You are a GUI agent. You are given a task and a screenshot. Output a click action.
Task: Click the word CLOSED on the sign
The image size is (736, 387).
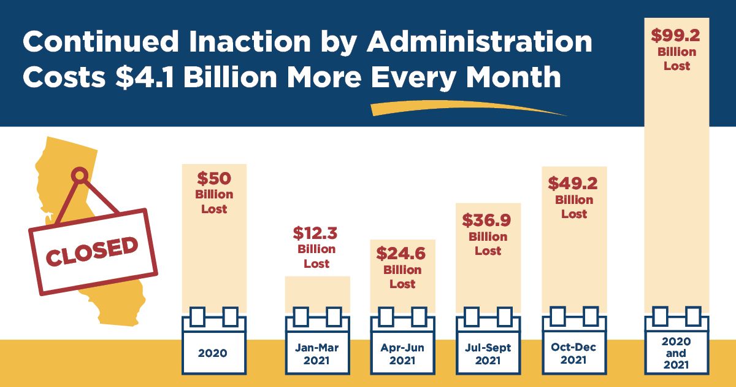91,251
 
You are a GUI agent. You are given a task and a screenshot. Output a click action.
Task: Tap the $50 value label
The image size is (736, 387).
214,179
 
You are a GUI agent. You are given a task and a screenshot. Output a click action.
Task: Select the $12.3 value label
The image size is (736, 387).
315,233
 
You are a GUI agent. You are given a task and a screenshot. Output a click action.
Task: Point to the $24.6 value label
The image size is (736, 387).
401,254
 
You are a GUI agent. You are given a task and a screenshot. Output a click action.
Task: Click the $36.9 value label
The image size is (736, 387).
486,220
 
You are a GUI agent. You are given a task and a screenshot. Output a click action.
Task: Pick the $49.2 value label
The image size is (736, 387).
573,183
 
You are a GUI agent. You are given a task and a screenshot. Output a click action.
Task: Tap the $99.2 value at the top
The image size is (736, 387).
675,36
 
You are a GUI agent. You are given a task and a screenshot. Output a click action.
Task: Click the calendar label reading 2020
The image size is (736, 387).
213,353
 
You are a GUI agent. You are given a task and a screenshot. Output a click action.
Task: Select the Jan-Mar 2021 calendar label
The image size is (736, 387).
316,354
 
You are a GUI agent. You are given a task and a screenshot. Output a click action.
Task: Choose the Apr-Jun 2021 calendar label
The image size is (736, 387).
402,354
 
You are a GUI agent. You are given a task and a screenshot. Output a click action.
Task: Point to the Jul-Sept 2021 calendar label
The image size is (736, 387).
488,354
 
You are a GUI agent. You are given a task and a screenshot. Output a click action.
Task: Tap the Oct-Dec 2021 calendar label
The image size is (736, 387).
573,353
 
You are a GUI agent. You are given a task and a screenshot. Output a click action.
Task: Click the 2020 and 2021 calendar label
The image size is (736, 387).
676,353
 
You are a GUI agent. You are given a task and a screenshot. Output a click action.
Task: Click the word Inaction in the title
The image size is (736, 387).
250,42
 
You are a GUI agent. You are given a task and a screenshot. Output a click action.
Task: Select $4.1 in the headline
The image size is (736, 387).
145,77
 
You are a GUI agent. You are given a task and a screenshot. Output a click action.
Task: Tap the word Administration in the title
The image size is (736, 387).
480,42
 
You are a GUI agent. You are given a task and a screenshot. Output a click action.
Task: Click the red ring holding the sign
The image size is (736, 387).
80,175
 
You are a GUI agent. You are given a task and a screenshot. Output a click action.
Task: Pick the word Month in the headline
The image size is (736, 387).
513,77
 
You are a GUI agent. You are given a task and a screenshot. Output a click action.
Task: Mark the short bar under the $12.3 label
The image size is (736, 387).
318,294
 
